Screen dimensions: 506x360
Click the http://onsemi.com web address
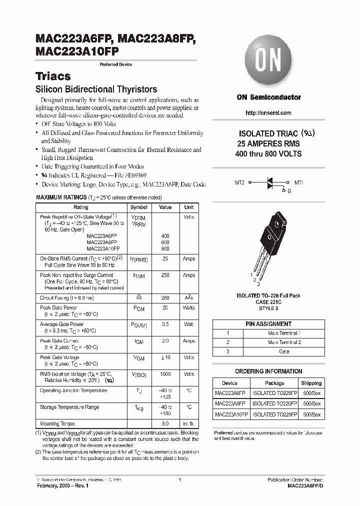click(268, 113)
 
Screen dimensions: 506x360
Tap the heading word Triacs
click(53, 76)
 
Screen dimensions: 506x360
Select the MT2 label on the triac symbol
click(240, 183)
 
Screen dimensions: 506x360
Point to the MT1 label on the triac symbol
click(299, 183)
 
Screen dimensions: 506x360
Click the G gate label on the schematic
click(288, 191)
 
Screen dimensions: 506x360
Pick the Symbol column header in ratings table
click(139, 207)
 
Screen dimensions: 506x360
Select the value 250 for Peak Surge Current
click(165, 275)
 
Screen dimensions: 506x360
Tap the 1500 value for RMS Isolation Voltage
click(165, 374)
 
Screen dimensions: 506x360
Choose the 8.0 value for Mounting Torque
click(165, 423)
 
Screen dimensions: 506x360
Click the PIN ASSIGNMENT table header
click(268, 324)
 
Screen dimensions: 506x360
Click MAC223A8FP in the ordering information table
click(230, 403)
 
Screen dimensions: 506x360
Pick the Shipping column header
click(311, 383)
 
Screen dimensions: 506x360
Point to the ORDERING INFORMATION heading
click(268, 371)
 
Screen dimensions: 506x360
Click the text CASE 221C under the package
click(268, 302)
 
